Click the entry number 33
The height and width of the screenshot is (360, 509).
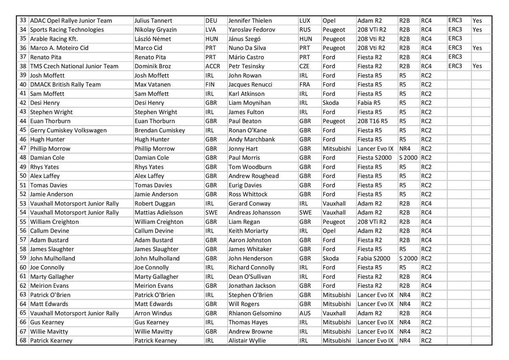point(23,21)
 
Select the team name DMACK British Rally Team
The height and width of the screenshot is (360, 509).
point(65,84)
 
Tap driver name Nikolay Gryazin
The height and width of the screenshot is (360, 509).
point(156,30)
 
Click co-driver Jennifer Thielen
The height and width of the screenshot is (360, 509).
point(250,21)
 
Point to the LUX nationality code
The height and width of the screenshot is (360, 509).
point(305,21)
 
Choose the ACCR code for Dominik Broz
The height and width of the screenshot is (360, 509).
point(213,66)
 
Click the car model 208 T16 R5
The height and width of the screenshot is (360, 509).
point(372,121)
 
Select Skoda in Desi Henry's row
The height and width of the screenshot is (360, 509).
point(331,103)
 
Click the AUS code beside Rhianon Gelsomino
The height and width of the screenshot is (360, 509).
point(305,313)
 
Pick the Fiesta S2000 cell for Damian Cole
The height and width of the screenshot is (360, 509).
point(375,158)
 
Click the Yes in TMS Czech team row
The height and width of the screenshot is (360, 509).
point(477,66)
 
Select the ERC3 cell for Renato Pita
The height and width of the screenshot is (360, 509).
point(455,57)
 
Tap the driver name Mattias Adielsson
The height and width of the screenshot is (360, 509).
point(159,213)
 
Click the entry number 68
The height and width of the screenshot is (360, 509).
point(23,340)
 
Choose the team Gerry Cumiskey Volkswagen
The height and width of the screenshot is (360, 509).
point(68,130)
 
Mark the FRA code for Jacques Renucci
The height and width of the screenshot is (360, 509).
point(305,84)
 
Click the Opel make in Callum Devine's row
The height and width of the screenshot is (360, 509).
point(329,231)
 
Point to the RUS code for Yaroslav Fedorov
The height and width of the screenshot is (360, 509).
point(305,30)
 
